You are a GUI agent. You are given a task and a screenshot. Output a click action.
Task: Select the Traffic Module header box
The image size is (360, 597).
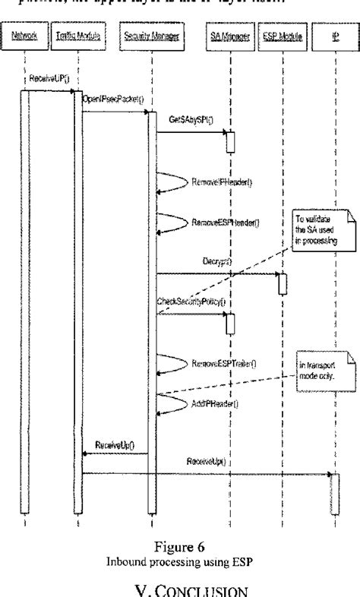click(74, 36)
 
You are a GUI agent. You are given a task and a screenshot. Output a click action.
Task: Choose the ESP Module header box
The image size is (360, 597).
click(281, 36)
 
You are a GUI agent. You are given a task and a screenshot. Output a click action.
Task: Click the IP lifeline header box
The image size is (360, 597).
click(335, 36)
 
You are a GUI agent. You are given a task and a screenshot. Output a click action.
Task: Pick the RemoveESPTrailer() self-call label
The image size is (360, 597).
click(223, 364)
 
